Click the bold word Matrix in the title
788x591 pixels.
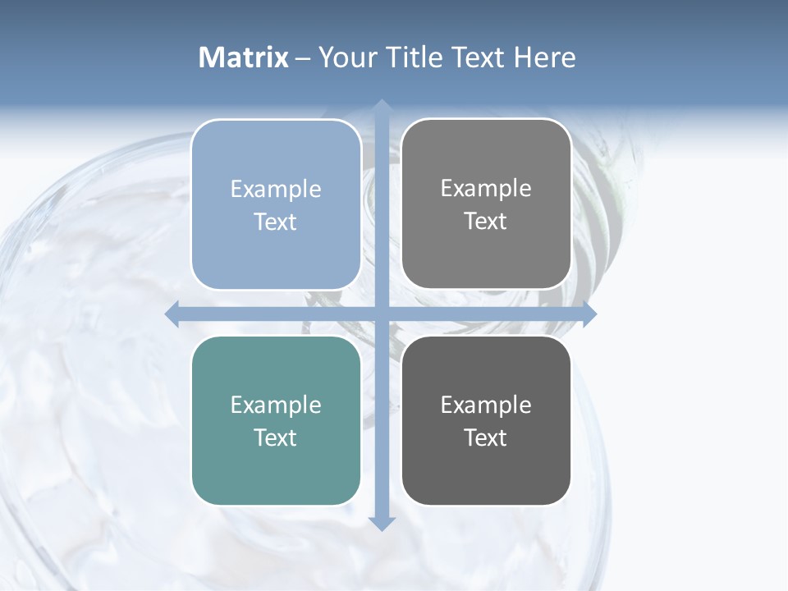click(x=244, y=57)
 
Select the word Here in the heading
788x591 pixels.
click(x=544, y=57)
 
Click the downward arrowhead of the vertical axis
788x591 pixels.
click(x=381, y=523)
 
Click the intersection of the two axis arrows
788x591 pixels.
click(x=381, y=314)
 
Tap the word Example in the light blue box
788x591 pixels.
click(x=276, y=190)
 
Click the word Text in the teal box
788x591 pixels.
click(x=276, y=438)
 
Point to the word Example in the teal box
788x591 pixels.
click(x=276, y=405)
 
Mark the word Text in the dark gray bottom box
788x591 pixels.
click(x=486, y=438)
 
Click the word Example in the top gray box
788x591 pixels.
click(x=486, y=189)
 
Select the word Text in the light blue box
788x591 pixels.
click(x=276, y=222)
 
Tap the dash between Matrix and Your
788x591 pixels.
click(x=303, y=58)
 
